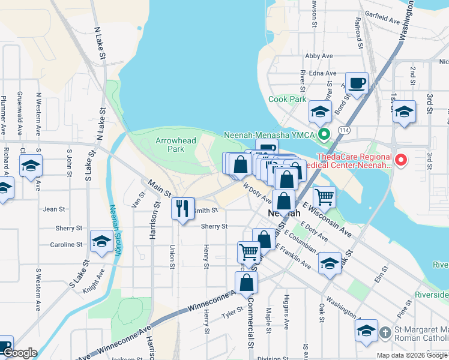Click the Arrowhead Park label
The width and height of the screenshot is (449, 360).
coord(170,144)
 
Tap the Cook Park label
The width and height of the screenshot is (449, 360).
coord(287,99)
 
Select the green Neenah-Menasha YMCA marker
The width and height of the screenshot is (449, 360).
coord(325,134)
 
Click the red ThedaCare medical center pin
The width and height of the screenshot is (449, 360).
coord(401,160)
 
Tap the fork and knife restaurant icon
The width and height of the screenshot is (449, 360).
coord(182,208)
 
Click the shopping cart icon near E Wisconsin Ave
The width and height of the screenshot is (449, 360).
coord(324,196)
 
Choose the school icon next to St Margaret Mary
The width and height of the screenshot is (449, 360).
coord(366,331)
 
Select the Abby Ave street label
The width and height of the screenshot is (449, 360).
coord(319,56)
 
